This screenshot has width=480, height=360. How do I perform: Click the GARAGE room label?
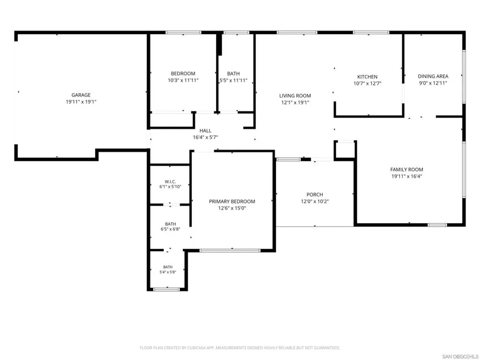(81, 95)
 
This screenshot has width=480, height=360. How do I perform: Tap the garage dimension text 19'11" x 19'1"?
(81, 102)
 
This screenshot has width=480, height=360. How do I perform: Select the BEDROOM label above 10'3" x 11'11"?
(183, 73)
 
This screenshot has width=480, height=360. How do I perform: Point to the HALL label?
(205, 131)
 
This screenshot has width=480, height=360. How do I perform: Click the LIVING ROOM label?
(295, 96)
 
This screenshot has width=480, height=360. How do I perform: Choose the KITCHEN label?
(367, 77)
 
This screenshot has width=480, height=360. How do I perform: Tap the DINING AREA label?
(433, 76)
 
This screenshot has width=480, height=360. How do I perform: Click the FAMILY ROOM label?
(407, 169)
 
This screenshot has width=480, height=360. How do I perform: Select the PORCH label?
(315, 195)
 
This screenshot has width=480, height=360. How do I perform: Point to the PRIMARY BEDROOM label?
(232, 202)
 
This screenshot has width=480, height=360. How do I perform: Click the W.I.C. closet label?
(170, 181)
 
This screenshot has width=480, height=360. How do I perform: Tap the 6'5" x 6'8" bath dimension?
(170, 229)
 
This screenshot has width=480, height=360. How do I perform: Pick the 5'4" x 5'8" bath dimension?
(168, 272)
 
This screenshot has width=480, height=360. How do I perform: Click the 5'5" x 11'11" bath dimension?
(233, 81)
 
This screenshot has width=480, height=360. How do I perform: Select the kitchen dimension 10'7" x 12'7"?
(367, 83)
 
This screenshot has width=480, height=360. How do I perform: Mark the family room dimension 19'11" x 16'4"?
(407, 176)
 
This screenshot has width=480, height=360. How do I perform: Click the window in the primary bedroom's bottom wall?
(230, 251)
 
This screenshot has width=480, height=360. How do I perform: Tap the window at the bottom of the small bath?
(166, 289)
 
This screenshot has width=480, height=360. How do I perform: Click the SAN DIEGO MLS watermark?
(460, 356)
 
